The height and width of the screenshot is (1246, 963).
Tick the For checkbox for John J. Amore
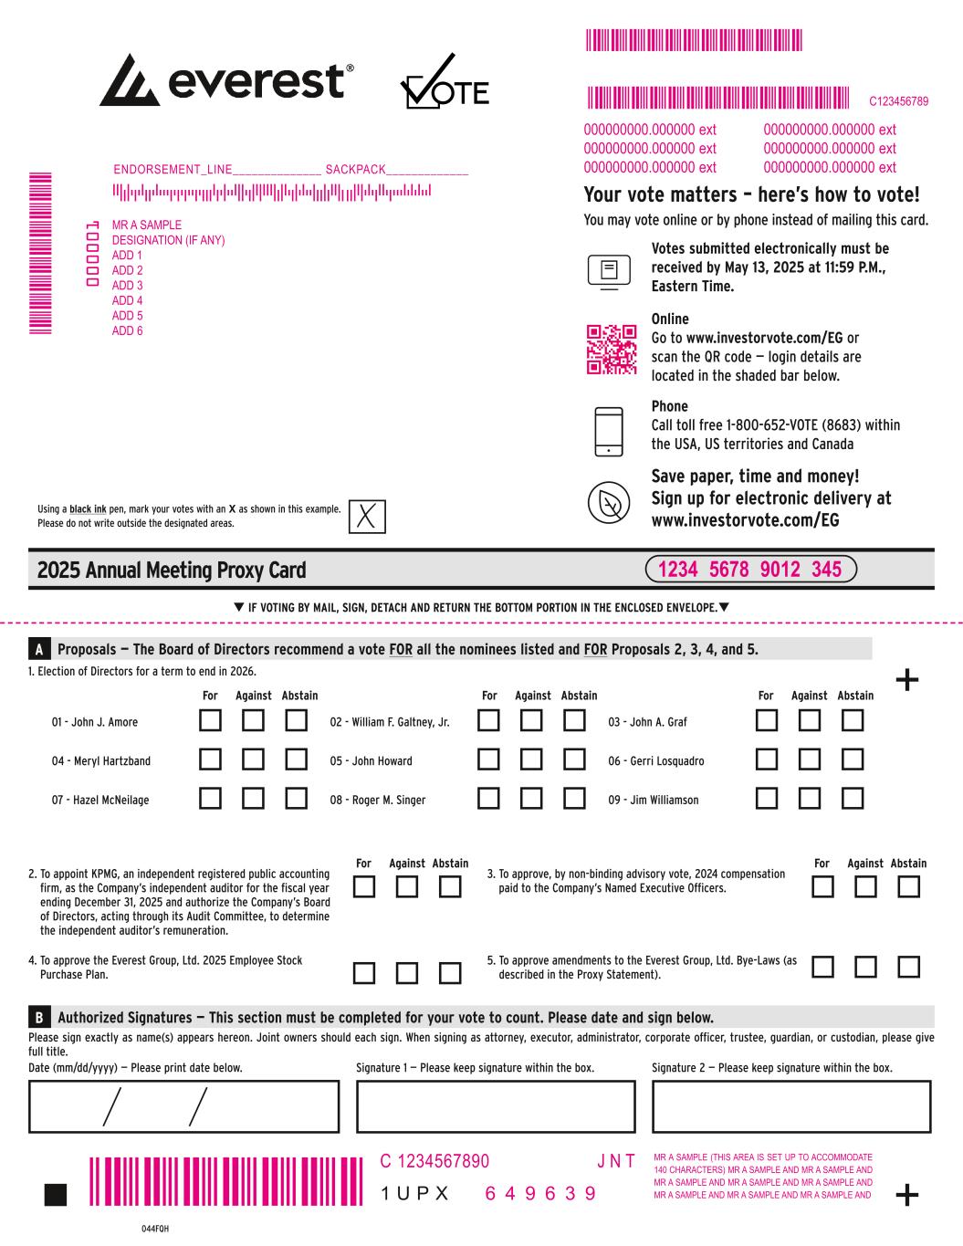click(x=211, y=721)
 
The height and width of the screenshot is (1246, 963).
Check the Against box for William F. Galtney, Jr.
click(x=532, y=721)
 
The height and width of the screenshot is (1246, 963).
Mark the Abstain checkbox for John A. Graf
click(x=852, y=721)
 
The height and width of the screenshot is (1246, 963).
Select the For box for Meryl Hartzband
click(x=211, y=759)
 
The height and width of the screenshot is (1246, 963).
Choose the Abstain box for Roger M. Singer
click(x=574, y=799)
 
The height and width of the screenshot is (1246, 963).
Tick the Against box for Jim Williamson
click(x=810, y=799)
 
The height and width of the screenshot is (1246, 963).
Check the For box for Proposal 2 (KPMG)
click(x=364, y=887)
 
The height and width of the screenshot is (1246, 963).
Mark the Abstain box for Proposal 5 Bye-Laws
click(x=908, y=967)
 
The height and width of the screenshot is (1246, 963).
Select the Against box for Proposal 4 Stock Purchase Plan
click(x=407, y=973)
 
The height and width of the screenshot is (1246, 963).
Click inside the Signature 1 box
click(x=495, y=1106)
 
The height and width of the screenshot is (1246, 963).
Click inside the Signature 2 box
click(x=791, y=1106)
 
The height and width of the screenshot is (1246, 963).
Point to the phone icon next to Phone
click(x=609, y=432)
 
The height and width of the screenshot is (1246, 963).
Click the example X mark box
click(x=367, y=516)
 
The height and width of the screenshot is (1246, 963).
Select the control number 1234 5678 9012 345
click(x=750, y=570)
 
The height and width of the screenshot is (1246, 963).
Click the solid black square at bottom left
click(x=56, y=1195)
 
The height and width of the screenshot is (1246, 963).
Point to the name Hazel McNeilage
click(x=100, y=801)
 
